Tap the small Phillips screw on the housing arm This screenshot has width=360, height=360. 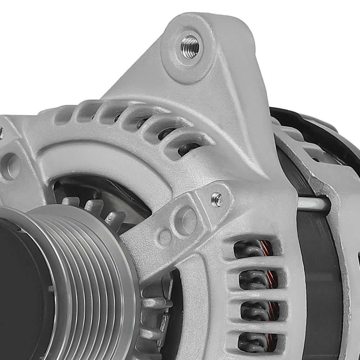pos(216,199)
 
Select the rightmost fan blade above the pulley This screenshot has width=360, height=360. pos(115,217)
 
